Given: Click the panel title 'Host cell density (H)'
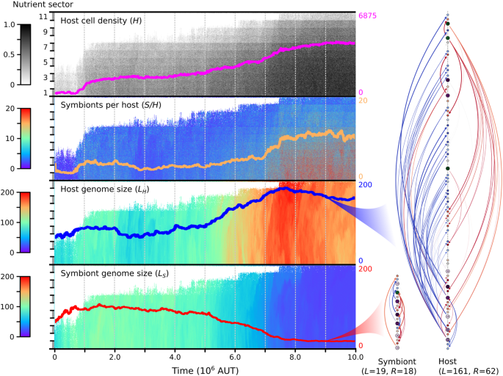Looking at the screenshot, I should (101, 21).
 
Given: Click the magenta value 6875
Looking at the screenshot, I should (366, 16).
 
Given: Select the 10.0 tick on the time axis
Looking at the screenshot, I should (355, 355).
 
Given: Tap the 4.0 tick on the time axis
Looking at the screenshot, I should (174, 355).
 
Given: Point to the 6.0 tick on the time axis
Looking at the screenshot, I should (234, 355).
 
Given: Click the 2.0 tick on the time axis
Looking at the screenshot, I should (114, 355).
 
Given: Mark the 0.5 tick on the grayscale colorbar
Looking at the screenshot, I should (8, 54).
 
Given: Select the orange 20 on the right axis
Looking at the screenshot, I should (362, 100).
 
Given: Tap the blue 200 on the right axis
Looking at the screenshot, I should (364, 184).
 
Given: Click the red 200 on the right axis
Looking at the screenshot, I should (364, 269).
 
